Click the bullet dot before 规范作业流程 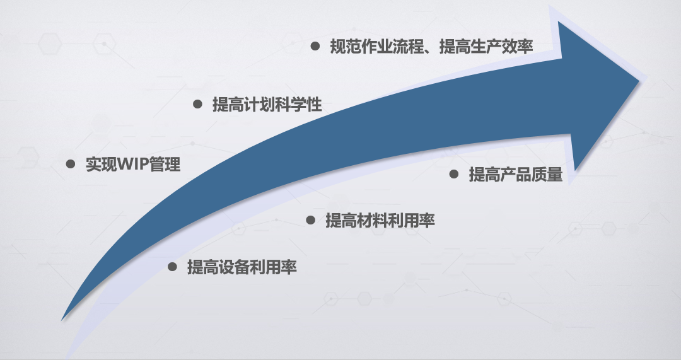click(315, 46)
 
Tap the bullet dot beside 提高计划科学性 click(197, 104)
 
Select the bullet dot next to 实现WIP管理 click(71, 164)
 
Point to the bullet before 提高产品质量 click(454, 174)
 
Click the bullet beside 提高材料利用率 click(310, 220)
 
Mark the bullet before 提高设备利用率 click(172, 267)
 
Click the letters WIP click(132, 165)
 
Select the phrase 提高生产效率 click(486, 47)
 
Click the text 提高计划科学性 click(267, 105)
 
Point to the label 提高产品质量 click(516, 175)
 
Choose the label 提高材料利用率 click(380, 221)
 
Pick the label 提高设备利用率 click(242, 267)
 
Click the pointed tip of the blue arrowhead click(639, 80)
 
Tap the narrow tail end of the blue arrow click(62, 320)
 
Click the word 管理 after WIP click(164, 165)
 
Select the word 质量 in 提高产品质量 click(547, 175)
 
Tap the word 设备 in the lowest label click(234, 267)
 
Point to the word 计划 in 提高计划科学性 click(259, 105)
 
